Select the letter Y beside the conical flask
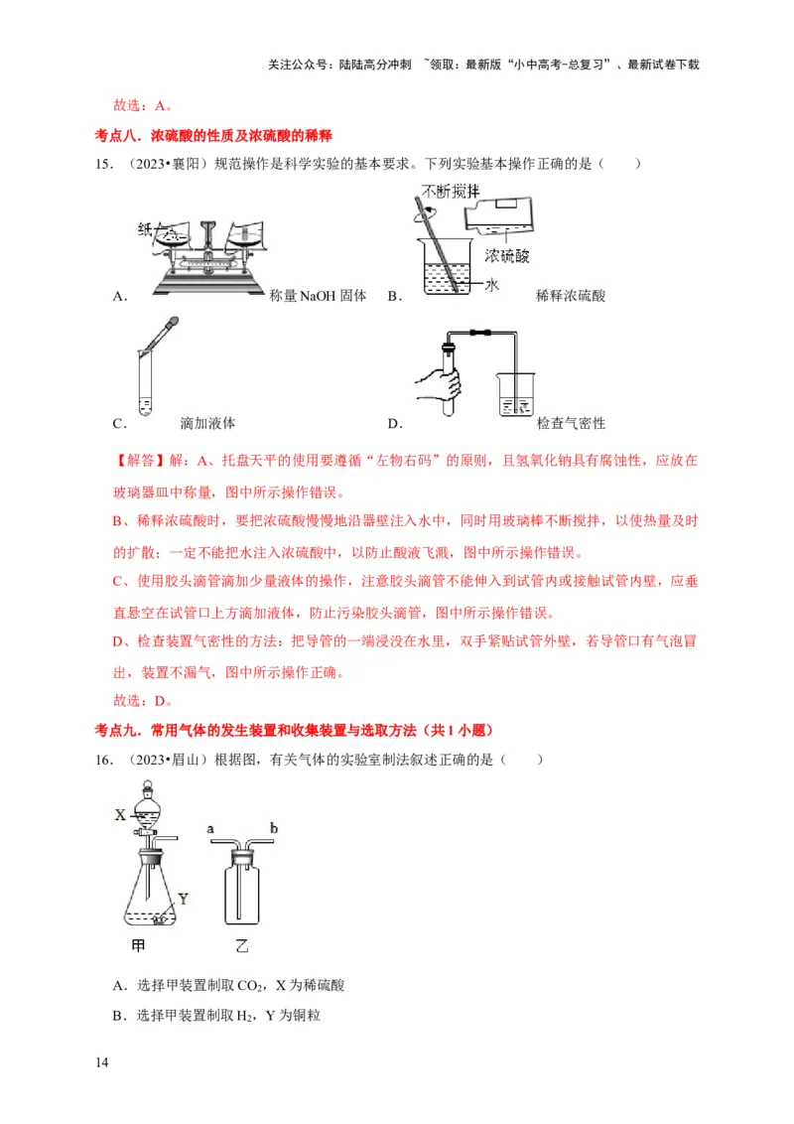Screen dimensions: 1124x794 pyautogui.click(x=182, y=899)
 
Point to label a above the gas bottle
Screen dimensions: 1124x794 pyautogui.click(x=210, y=825)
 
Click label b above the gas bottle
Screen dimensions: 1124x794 pyautogui.click(x=273, y=825)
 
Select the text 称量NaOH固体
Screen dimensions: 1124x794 pyautogui.click(x=318, y=295)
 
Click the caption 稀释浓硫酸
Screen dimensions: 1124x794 pyautogui.click(x=570, y=295)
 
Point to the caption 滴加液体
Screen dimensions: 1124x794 pyautogui.click(x=207, y=423)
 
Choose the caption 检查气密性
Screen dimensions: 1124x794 pyautogui.click(x=571, y=423)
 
